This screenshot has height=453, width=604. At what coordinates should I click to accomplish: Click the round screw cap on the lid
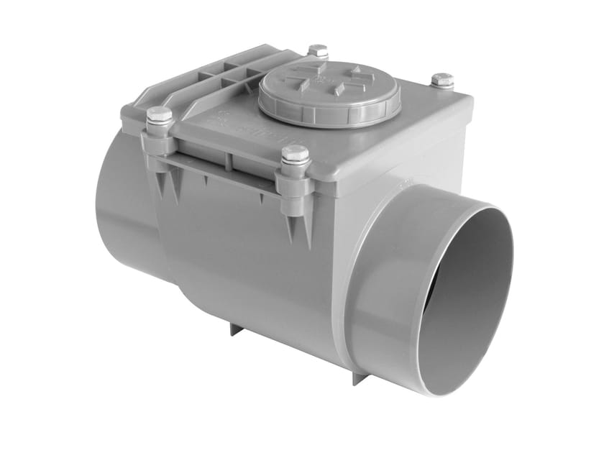tap(329, 91)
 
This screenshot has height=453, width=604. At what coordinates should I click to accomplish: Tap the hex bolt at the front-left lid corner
tap(159, 116)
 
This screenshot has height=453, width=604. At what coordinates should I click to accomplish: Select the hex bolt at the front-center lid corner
tap(295, 155)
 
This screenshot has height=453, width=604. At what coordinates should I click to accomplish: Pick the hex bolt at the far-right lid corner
tap(442, 80)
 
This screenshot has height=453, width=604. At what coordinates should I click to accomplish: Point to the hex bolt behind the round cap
tap(318, 51)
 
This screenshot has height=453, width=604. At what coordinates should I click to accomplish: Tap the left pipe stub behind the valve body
tap(122, 209)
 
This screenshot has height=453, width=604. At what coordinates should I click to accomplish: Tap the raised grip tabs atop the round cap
tap(331, 78)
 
